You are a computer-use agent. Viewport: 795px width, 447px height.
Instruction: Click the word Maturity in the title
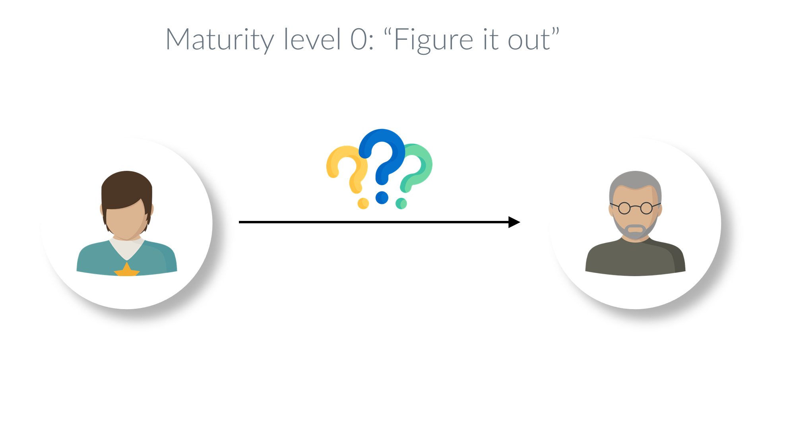pyautogui.click(x=220, y=40)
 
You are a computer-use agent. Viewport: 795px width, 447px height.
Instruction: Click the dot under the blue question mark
pyautogui.click(x=382, y=197)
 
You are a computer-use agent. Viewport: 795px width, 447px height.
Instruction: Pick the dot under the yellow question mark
pyautogui.click(x=363, y=203)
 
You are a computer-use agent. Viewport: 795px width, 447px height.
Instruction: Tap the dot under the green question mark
pyautogui.click(x=401, y=203)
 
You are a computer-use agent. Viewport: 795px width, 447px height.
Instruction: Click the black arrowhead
pyautogui.click(x=514, y=222)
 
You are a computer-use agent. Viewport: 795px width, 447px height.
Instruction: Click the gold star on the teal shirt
pyautogui.click(x=127, y=270)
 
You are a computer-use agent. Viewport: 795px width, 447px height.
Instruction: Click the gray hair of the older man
pyautogui.click(x=635, y=181)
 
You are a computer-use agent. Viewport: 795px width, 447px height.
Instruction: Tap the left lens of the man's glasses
pyautogui.click(x=624, y=208)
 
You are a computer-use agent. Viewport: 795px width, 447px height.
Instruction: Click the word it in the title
pyautogui.click(x=491, y=40)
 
